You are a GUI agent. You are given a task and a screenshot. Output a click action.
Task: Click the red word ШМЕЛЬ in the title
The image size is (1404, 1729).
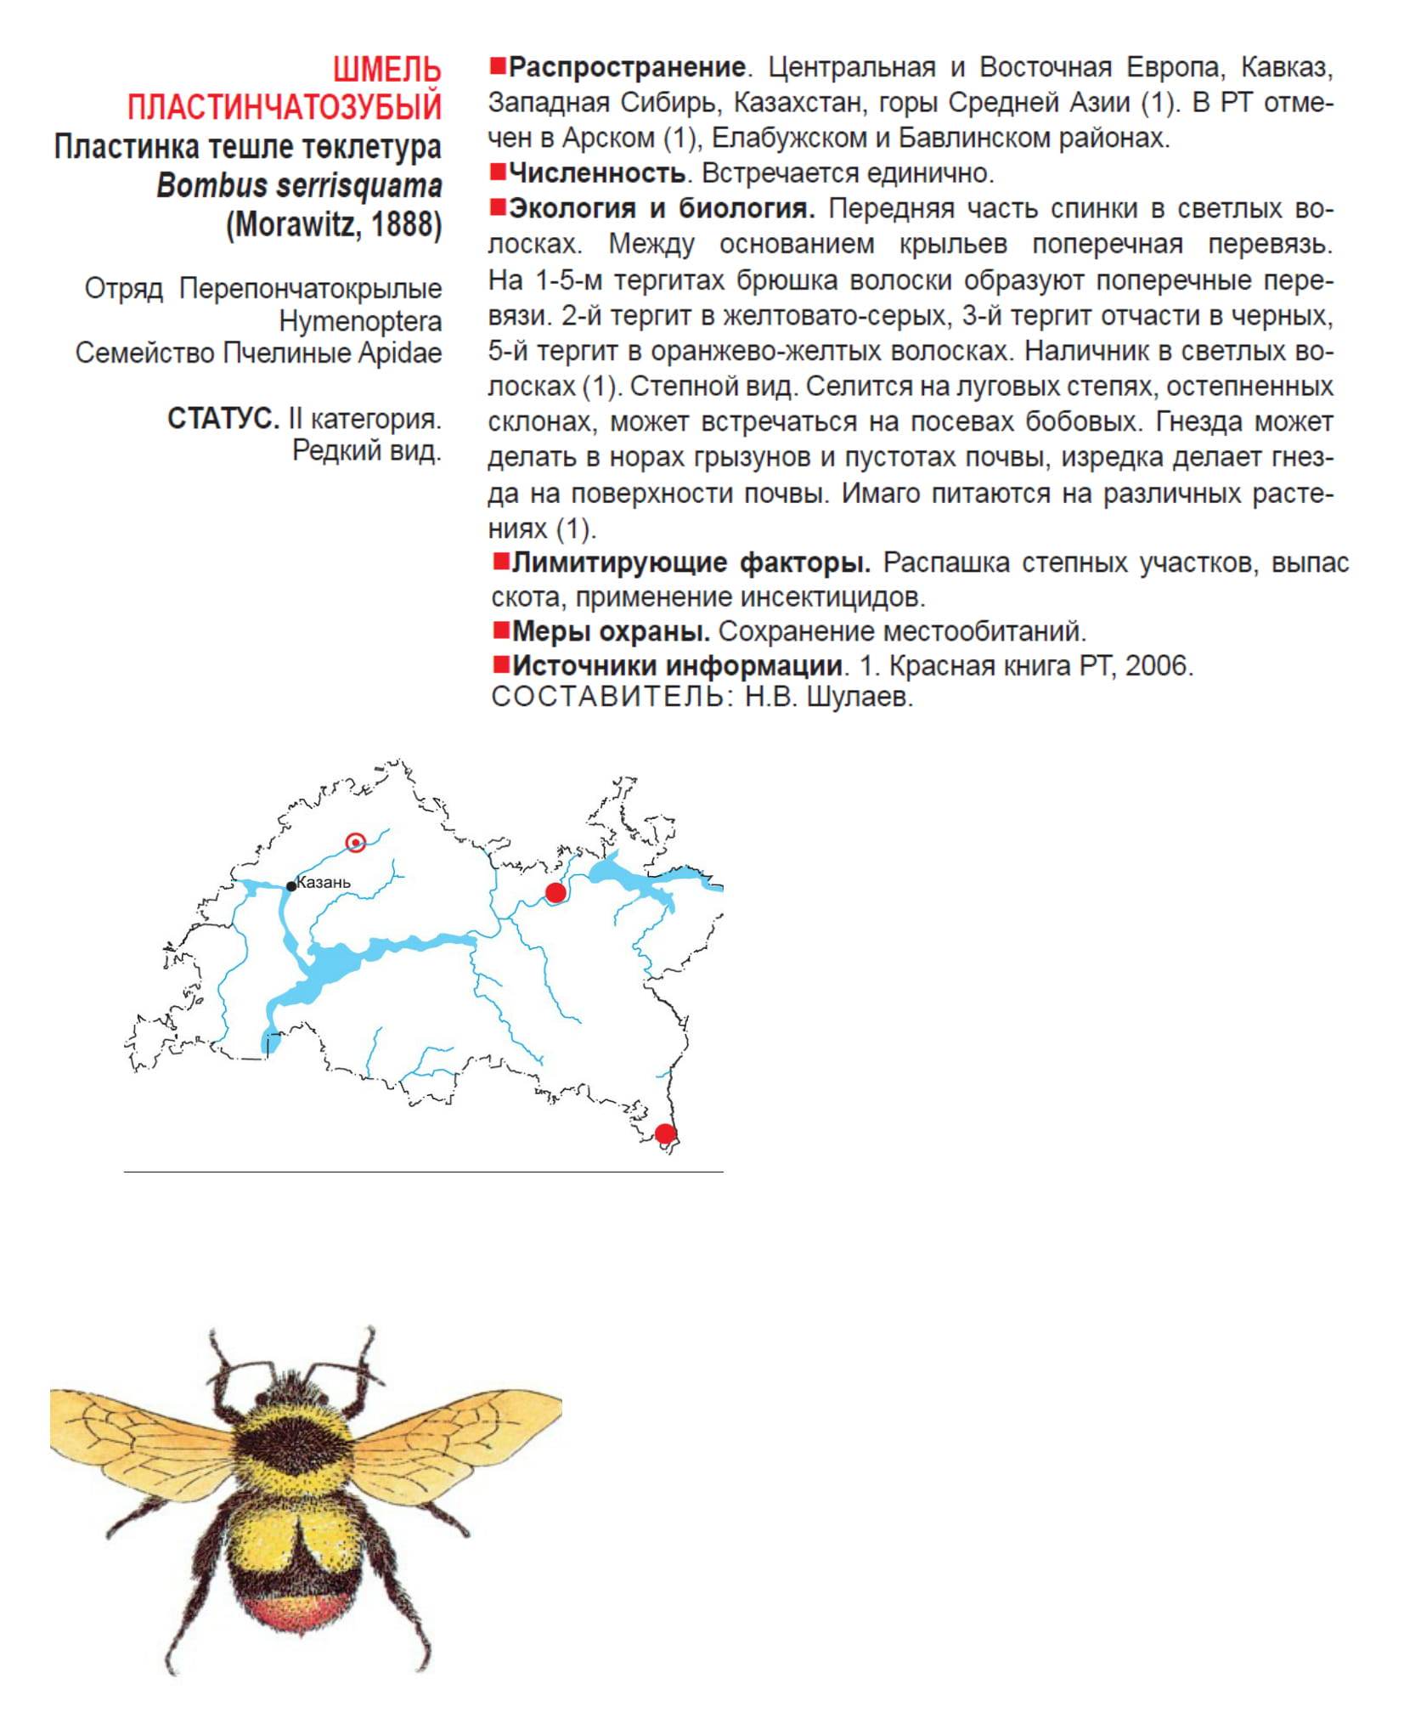pyautogui.click(x=386, y=69)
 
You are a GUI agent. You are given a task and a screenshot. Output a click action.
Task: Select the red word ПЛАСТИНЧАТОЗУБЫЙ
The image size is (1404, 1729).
pyautogui.click(x=285, y=107)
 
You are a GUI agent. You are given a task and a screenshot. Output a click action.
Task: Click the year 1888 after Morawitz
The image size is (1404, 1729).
pyautogui.click(x=406, y=224)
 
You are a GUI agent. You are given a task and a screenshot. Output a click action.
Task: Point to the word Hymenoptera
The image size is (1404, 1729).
pyautogui.click(x=360, y=321)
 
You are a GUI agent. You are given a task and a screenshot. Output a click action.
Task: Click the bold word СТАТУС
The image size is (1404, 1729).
pyautogui.click(x=223, y=418)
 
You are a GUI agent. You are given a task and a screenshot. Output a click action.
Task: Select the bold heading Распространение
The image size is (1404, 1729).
pyautogui.click(x=627, y=66)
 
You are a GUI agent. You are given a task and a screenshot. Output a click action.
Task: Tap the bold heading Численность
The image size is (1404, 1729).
pyautogui.click(x=597, y=173)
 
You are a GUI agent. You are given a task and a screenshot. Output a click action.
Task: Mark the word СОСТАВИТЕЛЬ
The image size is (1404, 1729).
pyautogui.click(x=606, y=698)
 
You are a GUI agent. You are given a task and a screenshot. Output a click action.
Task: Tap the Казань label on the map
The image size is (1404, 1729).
pyautogui.click(x=324, y=882)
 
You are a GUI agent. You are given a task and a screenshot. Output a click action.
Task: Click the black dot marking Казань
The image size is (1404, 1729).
pyautogui.click(x=291, y=885)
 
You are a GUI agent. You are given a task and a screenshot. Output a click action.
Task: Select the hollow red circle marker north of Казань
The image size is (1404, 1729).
pyautogui.click(x=356, y=842)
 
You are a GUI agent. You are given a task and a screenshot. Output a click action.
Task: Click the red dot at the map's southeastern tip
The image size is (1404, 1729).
pyautogui.click(x=665, y=1133)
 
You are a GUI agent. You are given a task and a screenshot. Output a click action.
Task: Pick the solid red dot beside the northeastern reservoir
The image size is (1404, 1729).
pyautogui.click(x=555, y=892)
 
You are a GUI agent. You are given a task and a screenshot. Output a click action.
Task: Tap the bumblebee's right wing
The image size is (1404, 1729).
pyautogui.click(x=459, y=1436)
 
